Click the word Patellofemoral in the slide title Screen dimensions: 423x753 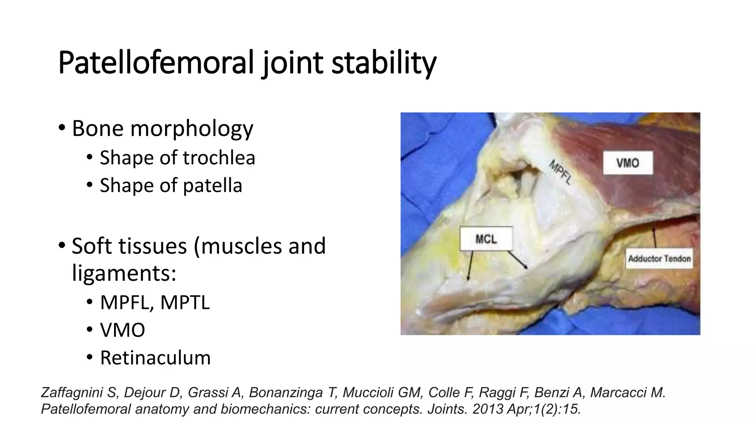point(156,63)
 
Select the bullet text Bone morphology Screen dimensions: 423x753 point(162,128)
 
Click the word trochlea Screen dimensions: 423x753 point(219,158)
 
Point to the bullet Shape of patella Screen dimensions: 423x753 point(171,185)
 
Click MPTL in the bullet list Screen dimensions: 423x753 point(185,302)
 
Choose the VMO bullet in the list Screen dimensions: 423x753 point(122,330)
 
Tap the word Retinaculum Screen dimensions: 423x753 point(155,357)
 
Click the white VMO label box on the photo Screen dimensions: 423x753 point(628,163)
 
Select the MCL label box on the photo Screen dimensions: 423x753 point(486,239)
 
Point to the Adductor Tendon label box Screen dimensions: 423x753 point(659,258)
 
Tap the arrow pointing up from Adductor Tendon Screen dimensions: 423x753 point(654,237)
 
